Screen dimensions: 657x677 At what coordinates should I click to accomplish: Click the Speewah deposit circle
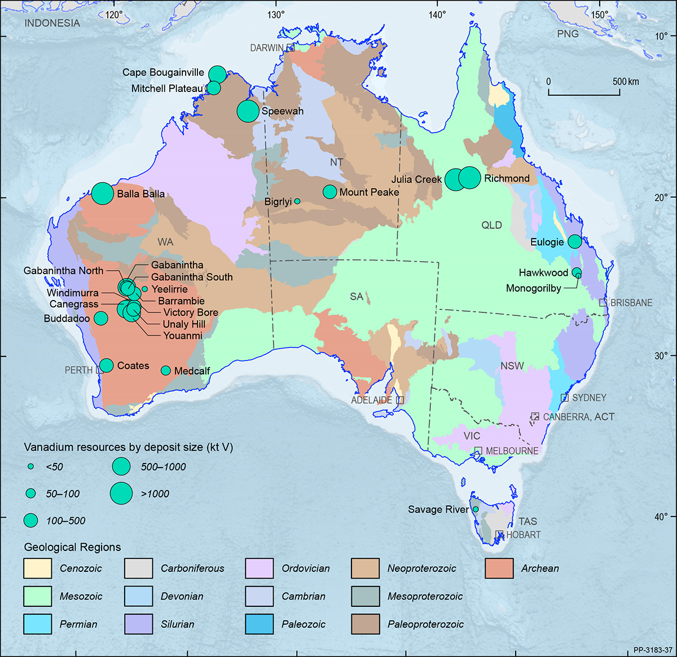tap(248, 111)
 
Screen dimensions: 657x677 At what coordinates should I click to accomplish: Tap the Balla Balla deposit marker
tap(103, 193)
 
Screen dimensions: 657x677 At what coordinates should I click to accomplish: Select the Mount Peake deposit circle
tap(329, 192)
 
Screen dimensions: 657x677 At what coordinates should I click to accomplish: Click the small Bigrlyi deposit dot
tap(297, 201)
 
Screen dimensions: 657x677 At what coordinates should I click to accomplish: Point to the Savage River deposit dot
tap(476, 509)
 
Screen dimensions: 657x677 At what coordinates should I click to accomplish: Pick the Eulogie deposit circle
tap(574, 241)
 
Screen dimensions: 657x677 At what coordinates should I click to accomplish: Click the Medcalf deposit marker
tap(166, 371)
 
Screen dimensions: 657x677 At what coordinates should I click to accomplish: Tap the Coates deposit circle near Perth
tap(107, 365)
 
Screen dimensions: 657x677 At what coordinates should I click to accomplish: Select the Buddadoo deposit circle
tap(100, 318)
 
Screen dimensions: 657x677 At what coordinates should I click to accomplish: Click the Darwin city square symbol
tap(291, 48)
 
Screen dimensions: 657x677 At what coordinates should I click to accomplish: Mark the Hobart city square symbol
tap(499, 534)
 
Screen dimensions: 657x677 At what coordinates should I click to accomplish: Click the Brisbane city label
tap(631, 303)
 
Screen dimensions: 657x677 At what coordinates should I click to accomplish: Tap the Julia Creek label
tap(416, 179)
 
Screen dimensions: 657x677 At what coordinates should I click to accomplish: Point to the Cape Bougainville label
tap(163, 72)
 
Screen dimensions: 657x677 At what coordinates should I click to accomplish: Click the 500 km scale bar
tap(593, 94)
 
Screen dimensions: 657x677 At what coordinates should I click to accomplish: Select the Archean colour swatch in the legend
tap(499, 568)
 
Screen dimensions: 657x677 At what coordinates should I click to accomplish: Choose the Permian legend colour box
tap(37, 624)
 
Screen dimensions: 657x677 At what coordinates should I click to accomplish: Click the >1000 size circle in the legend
tap(121, 493)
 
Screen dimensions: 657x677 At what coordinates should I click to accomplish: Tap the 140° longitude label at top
tap(437, 15)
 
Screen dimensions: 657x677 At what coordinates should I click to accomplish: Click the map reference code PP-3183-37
tap(652, 650)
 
